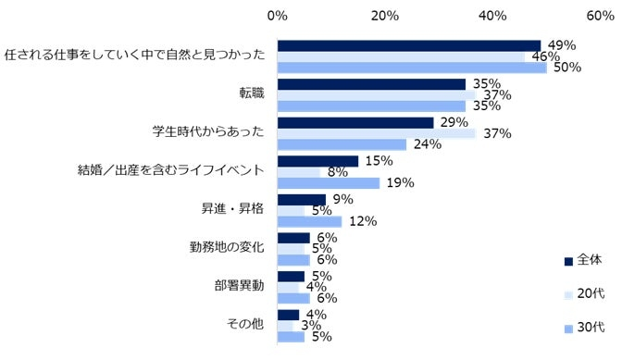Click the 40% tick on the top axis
[492, 15]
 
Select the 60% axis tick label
[601, 15]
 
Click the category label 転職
[252, 93]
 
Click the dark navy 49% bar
[408, 45]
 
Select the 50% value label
[566, 68]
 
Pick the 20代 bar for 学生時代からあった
[377, 133]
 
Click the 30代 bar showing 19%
[329, 183]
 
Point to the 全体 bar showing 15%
[317, 161]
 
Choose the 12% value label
[360, 221]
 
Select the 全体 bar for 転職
[371, 83]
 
